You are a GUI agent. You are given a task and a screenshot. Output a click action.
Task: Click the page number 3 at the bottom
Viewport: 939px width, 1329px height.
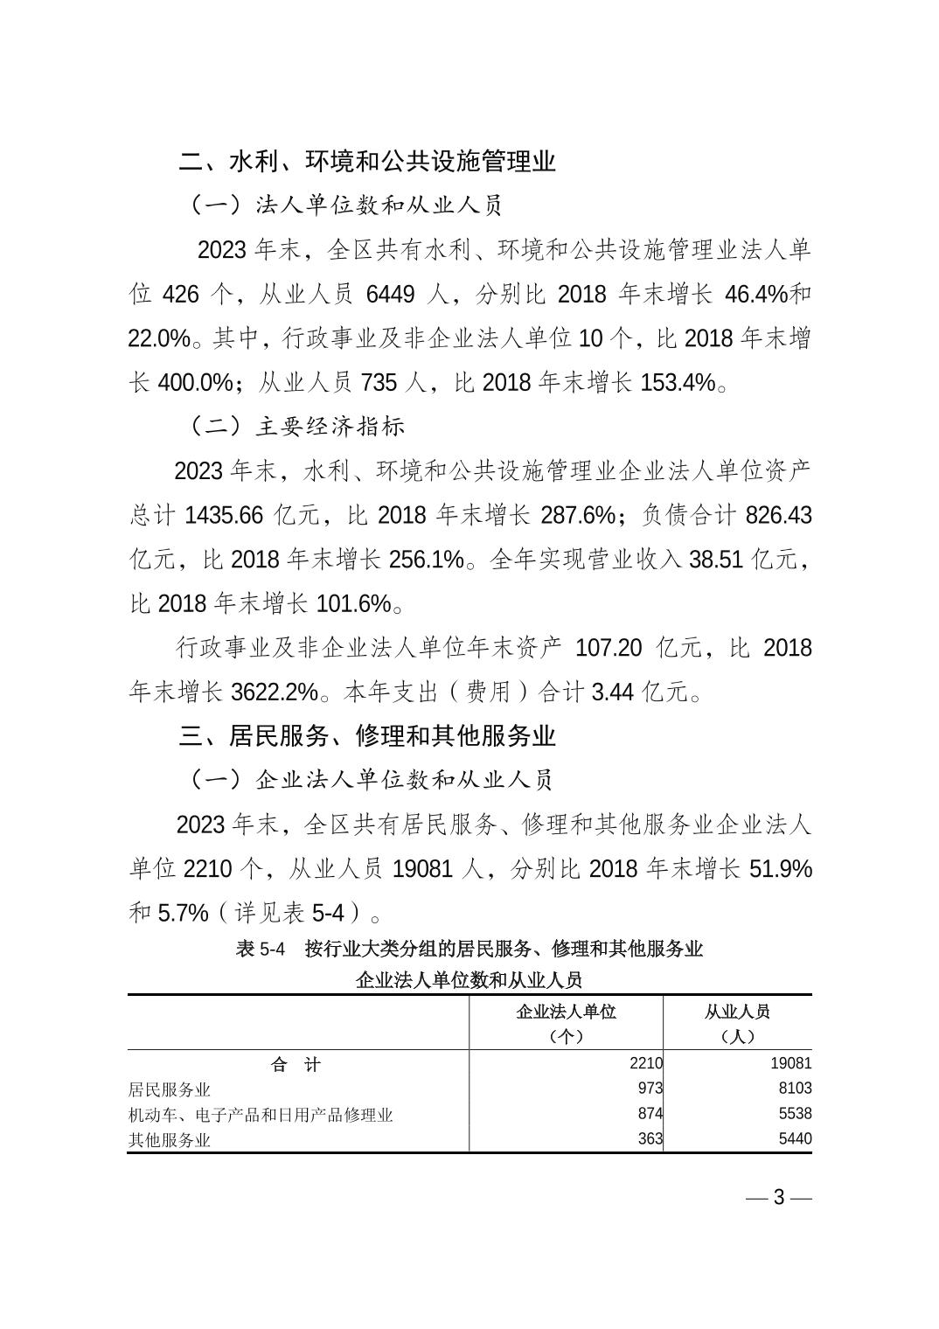pyautogui.click(x=779, y=1198)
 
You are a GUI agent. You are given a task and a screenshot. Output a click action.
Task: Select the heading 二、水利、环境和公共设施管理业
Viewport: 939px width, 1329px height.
pyautogui.click(x=367, y=162)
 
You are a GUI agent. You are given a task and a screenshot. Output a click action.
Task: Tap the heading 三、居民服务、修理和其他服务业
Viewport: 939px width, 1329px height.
pyautogui.click(x=367, y=736)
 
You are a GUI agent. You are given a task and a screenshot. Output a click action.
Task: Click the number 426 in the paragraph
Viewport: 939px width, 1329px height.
pyautogui.click(x=181, y=295)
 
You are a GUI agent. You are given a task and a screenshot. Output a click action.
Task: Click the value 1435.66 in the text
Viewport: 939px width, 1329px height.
pyautogui.click(x=224, y=516)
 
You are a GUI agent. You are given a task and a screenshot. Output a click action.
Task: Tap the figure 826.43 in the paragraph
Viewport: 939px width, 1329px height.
pyautogui.click(x=778, y=516)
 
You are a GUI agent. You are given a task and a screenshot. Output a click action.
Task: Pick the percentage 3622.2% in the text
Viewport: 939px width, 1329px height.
pyautogui.click(x=274, y=692)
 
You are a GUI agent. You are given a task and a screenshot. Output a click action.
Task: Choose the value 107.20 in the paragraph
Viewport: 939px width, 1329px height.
pyautogui.click(x=609, y=649)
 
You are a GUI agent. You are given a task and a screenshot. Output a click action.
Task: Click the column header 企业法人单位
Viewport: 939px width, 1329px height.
pyautogui.click(x=566, y=1012)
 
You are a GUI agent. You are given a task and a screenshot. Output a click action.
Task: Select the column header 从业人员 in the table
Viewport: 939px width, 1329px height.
pyautogui.click(x=737, y=1012)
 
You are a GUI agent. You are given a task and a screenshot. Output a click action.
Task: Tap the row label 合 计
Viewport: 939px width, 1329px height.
pyautogui.click(x=296, y=1064)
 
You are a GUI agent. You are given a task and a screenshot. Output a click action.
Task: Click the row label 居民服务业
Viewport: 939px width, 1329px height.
pyautogui.click(x=170, y=1089)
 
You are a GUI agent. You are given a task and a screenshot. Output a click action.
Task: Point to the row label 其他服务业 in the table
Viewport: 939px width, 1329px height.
pyautogui.click(x=170, y=1139)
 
